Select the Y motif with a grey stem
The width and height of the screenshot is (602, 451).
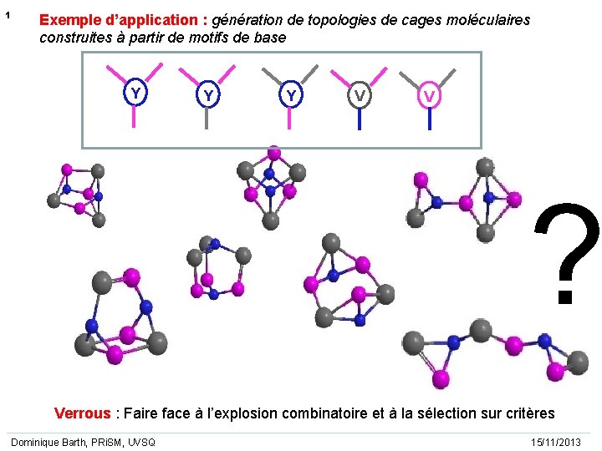(207, 97)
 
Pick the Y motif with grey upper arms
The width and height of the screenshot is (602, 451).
(290, 96)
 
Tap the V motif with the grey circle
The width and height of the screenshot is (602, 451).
(359, 97)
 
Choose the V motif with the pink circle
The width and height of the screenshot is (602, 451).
(428, 97)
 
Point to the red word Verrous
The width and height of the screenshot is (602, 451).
(82, 413)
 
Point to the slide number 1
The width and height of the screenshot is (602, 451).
(7, 16)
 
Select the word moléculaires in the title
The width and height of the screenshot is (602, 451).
(487, 20)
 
